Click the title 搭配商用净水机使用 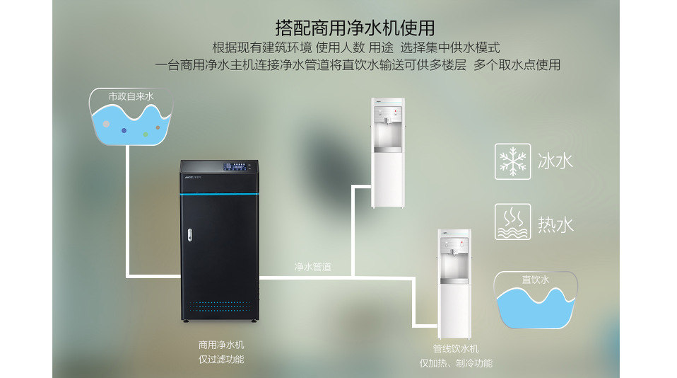tap(355, 28)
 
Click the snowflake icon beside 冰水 tap(512, 161)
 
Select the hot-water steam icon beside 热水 tap(512, 222)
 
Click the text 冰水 tap(555, 161)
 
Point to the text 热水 tap(555, 224)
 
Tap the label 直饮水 tap(535, 280)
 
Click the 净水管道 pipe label tap(313, 268)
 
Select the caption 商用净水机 tap(221, 345)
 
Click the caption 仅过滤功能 tap(221, 360)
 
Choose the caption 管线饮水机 tap(456, 349)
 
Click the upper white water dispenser tap(388, 152)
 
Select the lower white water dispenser tap(454, 283)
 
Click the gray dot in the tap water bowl tap(106, 124)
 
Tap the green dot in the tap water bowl tap(146, 133)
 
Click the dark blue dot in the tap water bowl tap(124, 130)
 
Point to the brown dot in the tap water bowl tap(158, 127)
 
